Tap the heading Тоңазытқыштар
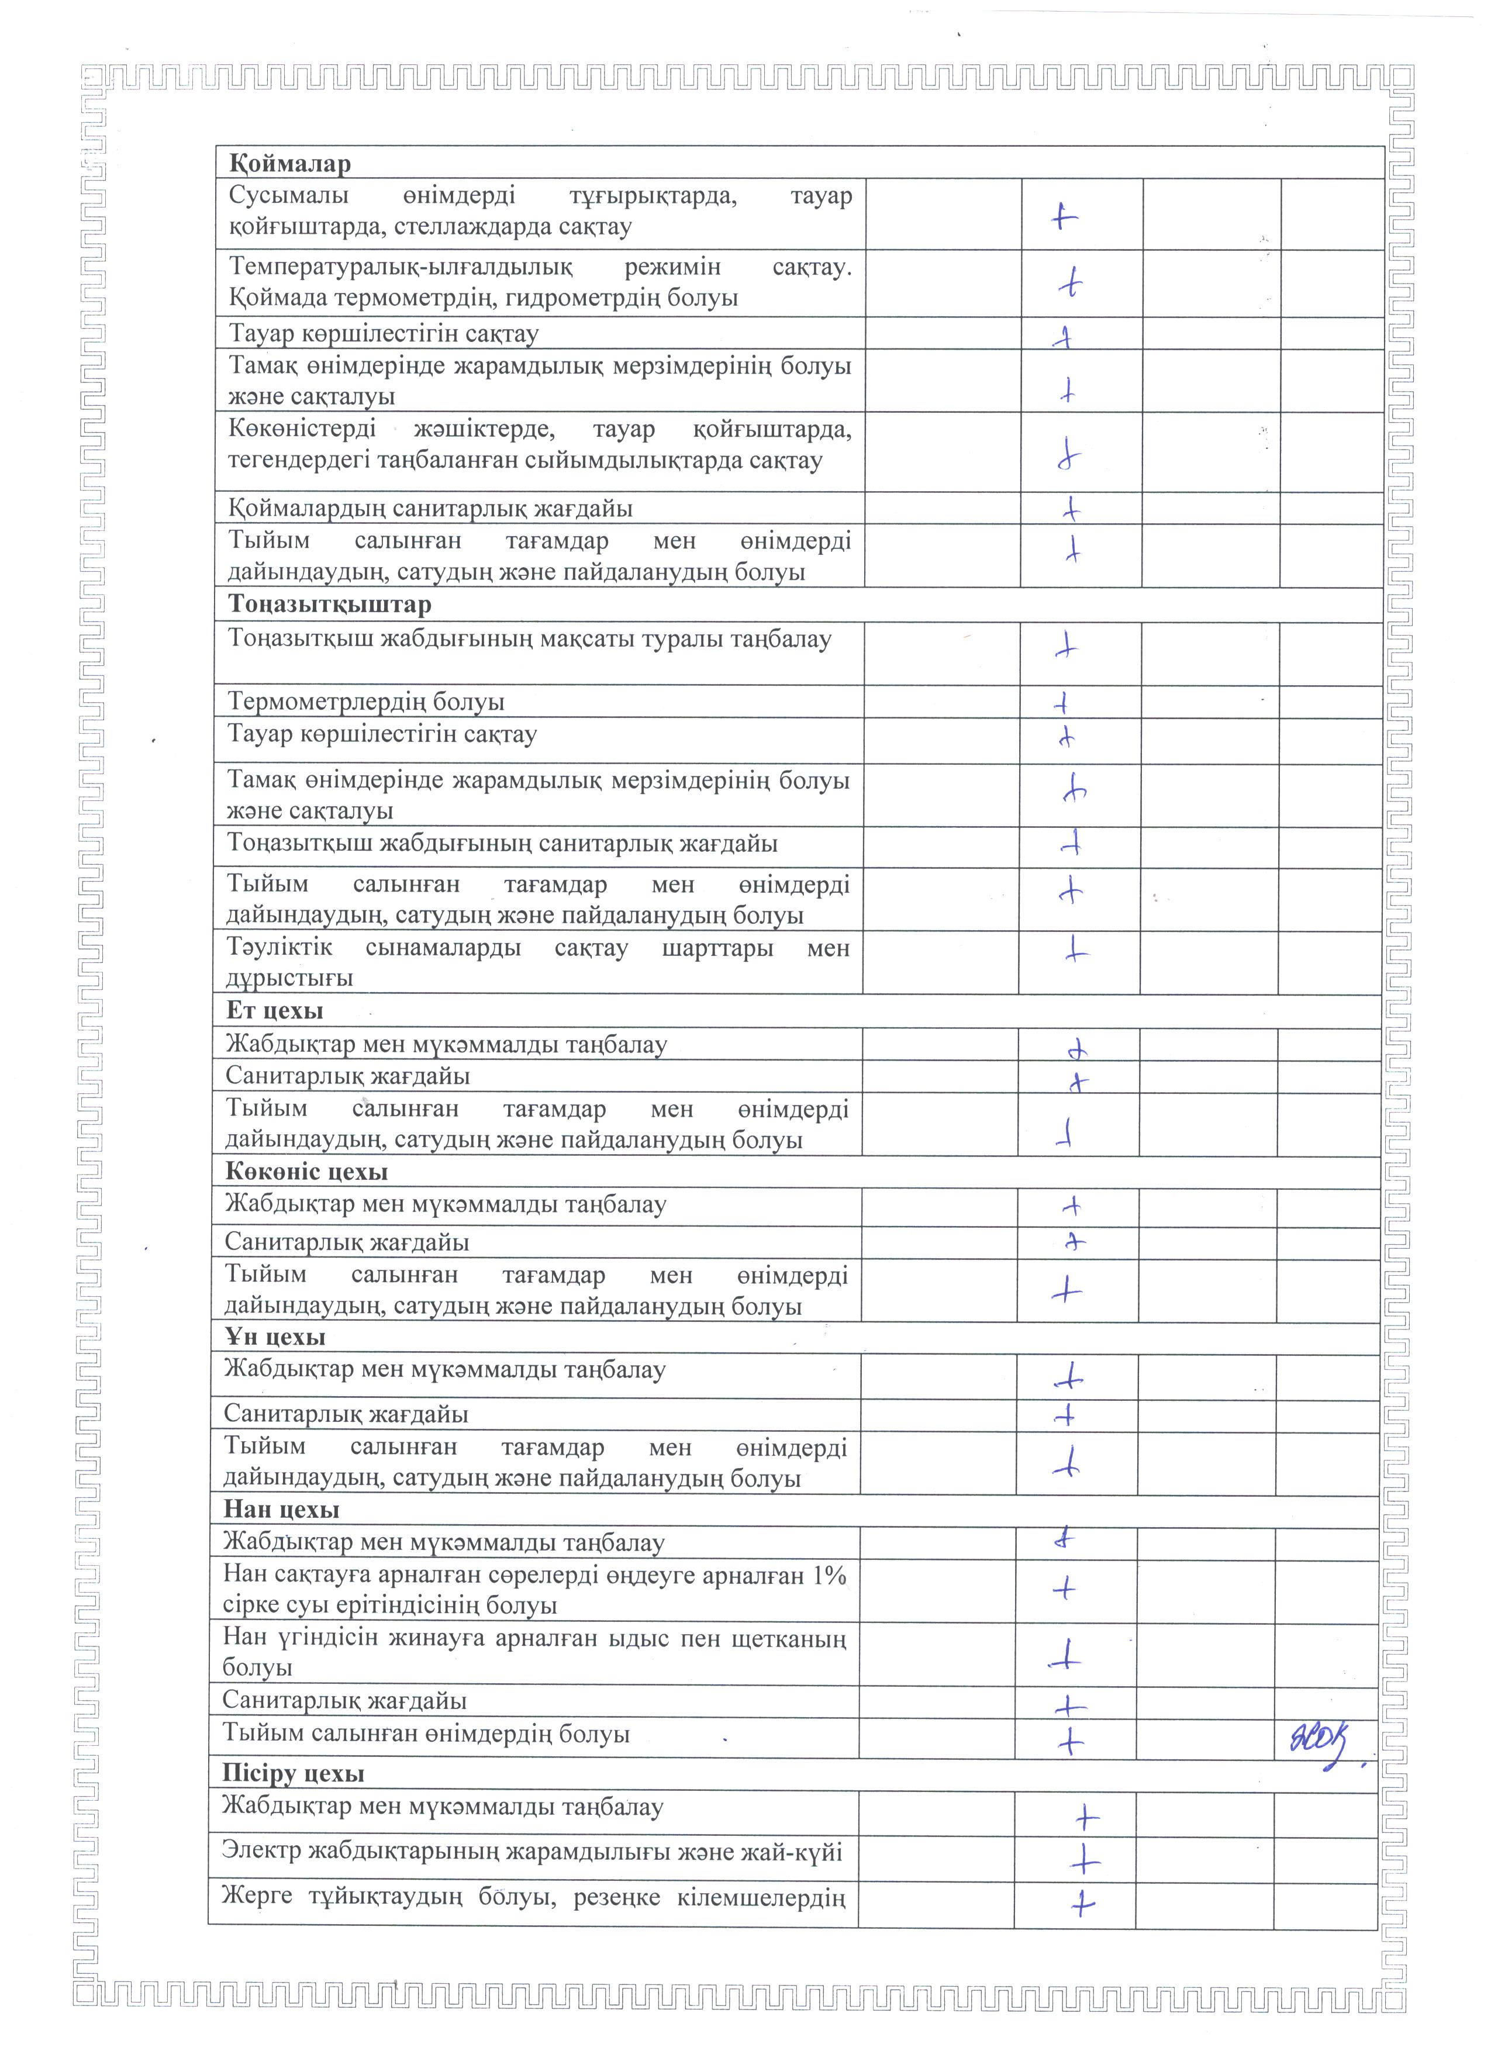[329, 604]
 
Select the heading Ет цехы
[274, 1010]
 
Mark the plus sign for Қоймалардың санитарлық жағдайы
[1071, 509]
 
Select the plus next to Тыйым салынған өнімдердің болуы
[1069, 1741]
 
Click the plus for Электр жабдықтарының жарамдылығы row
[1083, 1861]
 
